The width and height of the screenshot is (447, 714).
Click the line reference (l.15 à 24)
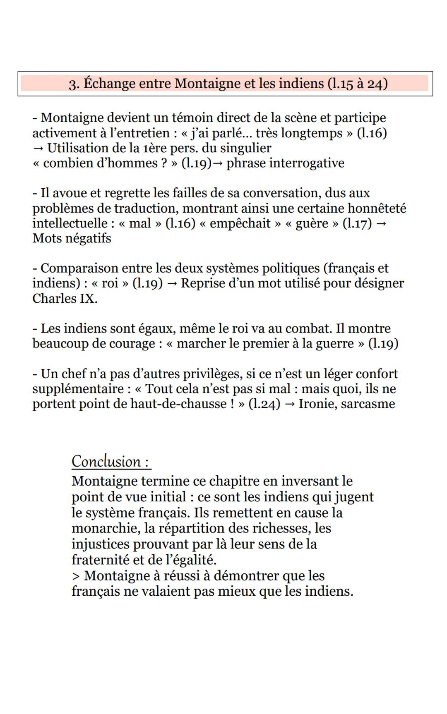tap(357, 84)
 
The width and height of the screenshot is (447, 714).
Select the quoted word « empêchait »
tap(240, 223)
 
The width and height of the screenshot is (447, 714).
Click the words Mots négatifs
tap(72, 238)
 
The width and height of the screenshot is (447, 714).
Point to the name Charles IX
tap(65, 299)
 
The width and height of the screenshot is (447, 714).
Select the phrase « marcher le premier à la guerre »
tap(265, 344)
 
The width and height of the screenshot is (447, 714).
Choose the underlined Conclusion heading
tap(111, 462)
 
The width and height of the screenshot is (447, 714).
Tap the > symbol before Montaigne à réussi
tap(75, 576)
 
